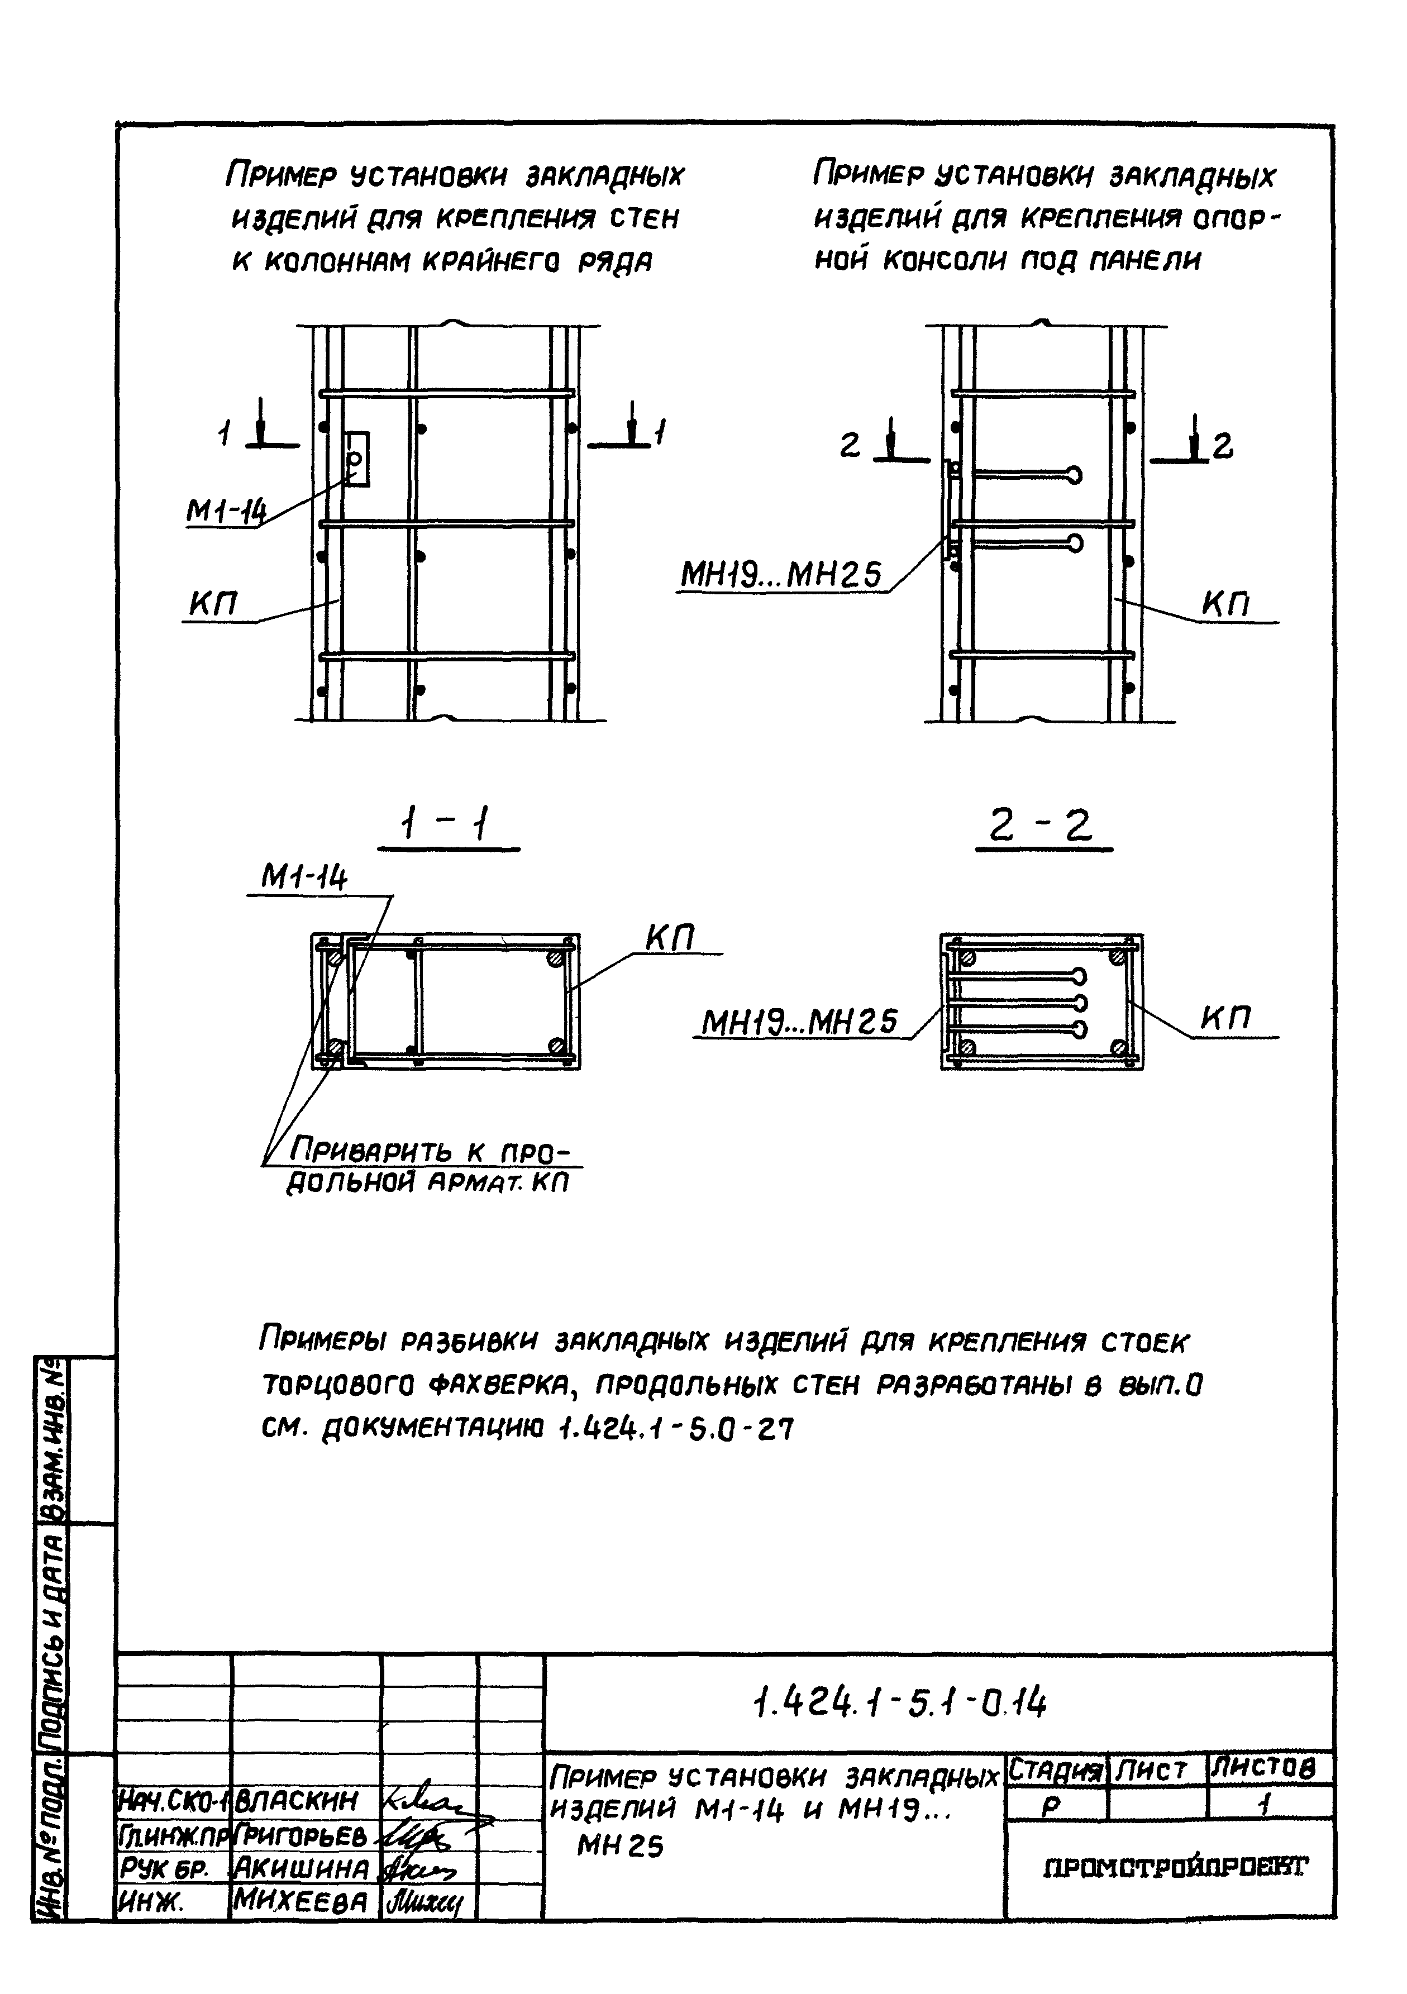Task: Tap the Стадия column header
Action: click(1055, 1769)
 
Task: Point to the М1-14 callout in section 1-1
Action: click(304, 880)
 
